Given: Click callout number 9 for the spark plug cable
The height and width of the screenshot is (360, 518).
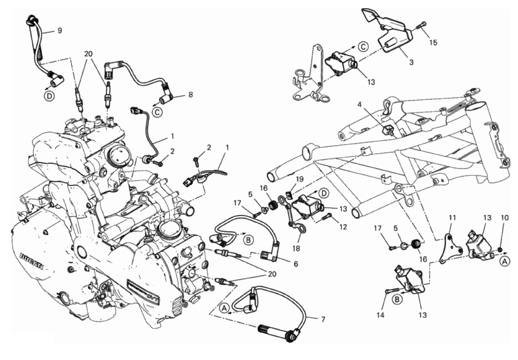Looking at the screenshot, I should click(59, 31).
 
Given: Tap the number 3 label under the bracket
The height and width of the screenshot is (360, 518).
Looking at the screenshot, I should click(411, 62).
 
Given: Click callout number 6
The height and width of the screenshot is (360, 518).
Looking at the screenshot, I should click(295, 264).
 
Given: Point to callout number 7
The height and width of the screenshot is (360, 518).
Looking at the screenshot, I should click(322, 319).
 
